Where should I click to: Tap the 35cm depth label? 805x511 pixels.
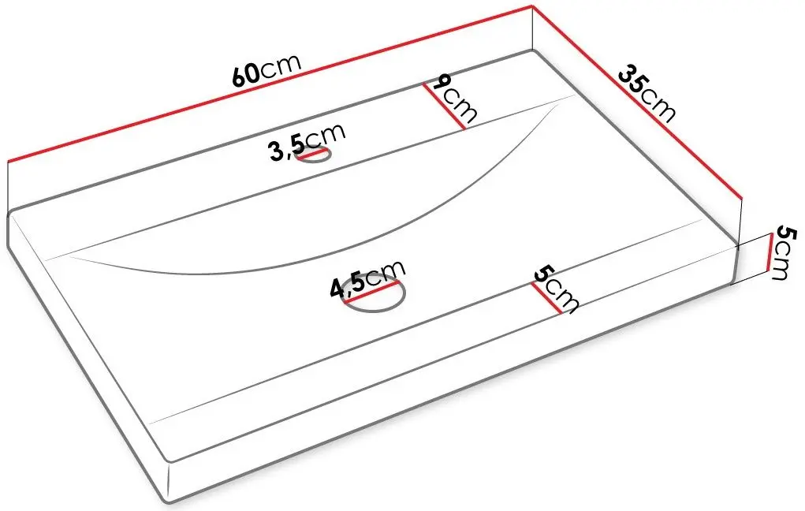tap(647, 93)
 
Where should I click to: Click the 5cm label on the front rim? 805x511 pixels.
tap(556, 289)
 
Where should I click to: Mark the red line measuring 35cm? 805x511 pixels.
tap(637, 102)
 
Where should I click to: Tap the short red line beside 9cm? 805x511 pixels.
tap(444, 106)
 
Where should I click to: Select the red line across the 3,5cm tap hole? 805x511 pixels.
tap(313, 153)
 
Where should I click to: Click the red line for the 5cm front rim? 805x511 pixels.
tap(546, 298)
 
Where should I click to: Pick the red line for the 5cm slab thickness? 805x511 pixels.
tap(769, 252)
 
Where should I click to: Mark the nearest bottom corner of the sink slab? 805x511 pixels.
tap(170, 503)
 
